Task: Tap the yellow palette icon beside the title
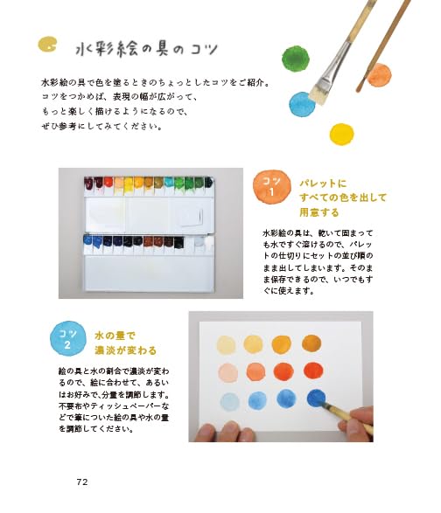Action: pyautogui.click(x=48, y=44)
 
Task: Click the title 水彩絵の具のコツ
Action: pyautogui.click(x=145, y=45)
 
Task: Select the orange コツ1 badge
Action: pyautogui.click(x=271, y=184)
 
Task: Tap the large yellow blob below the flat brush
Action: pyautogui.click(x=341, y=134)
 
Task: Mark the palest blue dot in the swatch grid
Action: pyautogui.click(x=229, y=401)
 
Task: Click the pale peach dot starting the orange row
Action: pyautogui.click(x=228, y=372)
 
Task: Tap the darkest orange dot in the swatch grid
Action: pyautogui.click(x=313, y=371)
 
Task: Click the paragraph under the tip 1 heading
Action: pyautogui.click(x=323, y=262)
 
